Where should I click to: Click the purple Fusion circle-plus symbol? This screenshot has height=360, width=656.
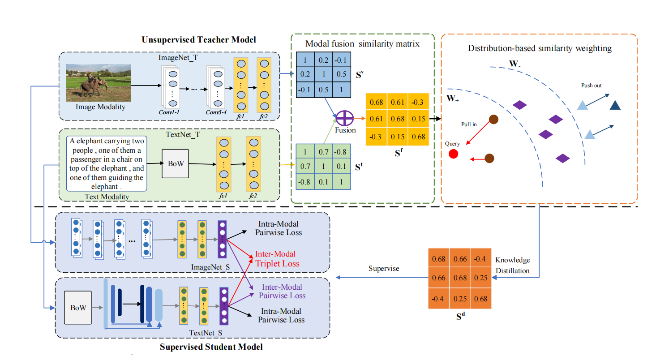[x=345, y=119]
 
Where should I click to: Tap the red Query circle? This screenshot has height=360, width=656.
[x=453, y=154]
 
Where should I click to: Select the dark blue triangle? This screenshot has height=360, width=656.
[x=615, y=105]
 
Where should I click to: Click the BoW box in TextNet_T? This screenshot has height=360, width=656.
[x=176, y=164]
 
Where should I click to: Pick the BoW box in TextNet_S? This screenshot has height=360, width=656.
[x=78, y=308]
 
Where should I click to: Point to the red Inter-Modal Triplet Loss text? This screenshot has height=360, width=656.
[x=277, y=259]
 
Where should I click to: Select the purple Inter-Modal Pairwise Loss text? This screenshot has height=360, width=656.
[x=282, y=291]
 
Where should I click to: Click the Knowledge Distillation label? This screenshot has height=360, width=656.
[x=512, y=265]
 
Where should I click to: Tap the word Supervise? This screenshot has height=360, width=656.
[x=383, y=269]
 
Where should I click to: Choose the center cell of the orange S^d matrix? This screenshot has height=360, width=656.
[x=460, y=278]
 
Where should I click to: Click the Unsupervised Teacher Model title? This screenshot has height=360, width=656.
[x=199, y=40]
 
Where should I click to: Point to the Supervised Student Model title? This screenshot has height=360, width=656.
[x=211, y=347]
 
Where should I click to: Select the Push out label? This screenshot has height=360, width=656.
[x=591, y=86]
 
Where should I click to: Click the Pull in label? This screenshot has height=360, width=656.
[x=469, y=124]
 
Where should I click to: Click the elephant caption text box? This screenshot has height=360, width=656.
[x=107, y=163]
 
